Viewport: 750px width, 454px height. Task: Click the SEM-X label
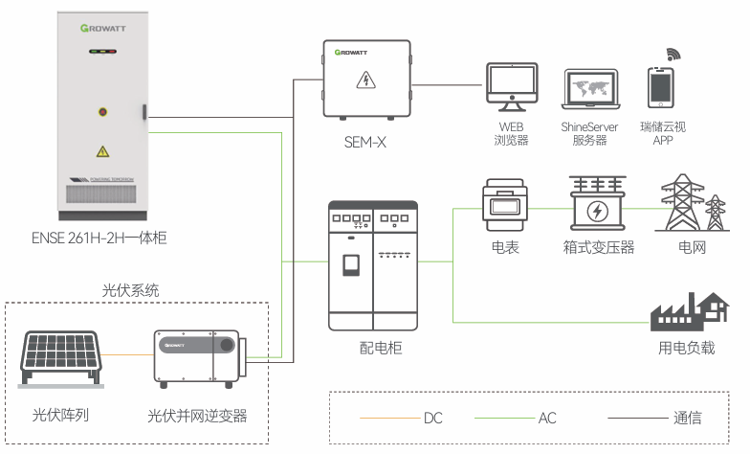[x=364, y=144]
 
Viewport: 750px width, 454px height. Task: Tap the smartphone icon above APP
[x=662, y=88]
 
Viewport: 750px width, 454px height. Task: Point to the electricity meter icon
[x=505, y=206]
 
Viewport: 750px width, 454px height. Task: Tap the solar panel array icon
[x=60, y=360]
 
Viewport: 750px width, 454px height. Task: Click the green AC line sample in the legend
[x=502, y=419]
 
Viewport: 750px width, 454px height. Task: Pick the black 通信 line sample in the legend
[x=636, y=419]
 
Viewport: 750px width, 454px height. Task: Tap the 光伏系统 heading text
[x=131, y=290]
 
